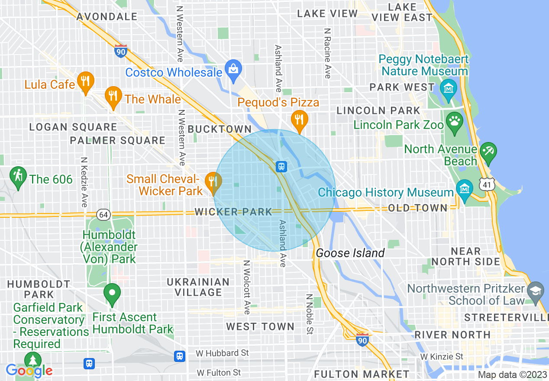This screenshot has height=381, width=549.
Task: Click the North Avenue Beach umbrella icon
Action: tap(488, 152)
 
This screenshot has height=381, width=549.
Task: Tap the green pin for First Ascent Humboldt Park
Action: tap(113, 293)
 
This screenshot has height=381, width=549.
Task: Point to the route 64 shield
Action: tap(104, 214)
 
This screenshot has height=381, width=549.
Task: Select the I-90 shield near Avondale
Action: tap(121, 51)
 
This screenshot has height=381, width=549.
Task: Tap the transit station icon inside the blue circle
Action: tap(281, 166)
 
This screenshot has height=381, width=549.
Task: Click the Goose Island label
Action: tap(350, 253)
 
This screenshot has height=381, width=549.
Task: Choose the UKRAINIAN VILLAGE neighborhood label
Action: tap(198, 287)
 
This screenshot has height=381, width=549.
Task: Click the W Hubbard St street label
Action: tap(222, 353)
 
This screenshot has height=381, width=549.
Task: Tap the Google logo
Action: tap(29, 371)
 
